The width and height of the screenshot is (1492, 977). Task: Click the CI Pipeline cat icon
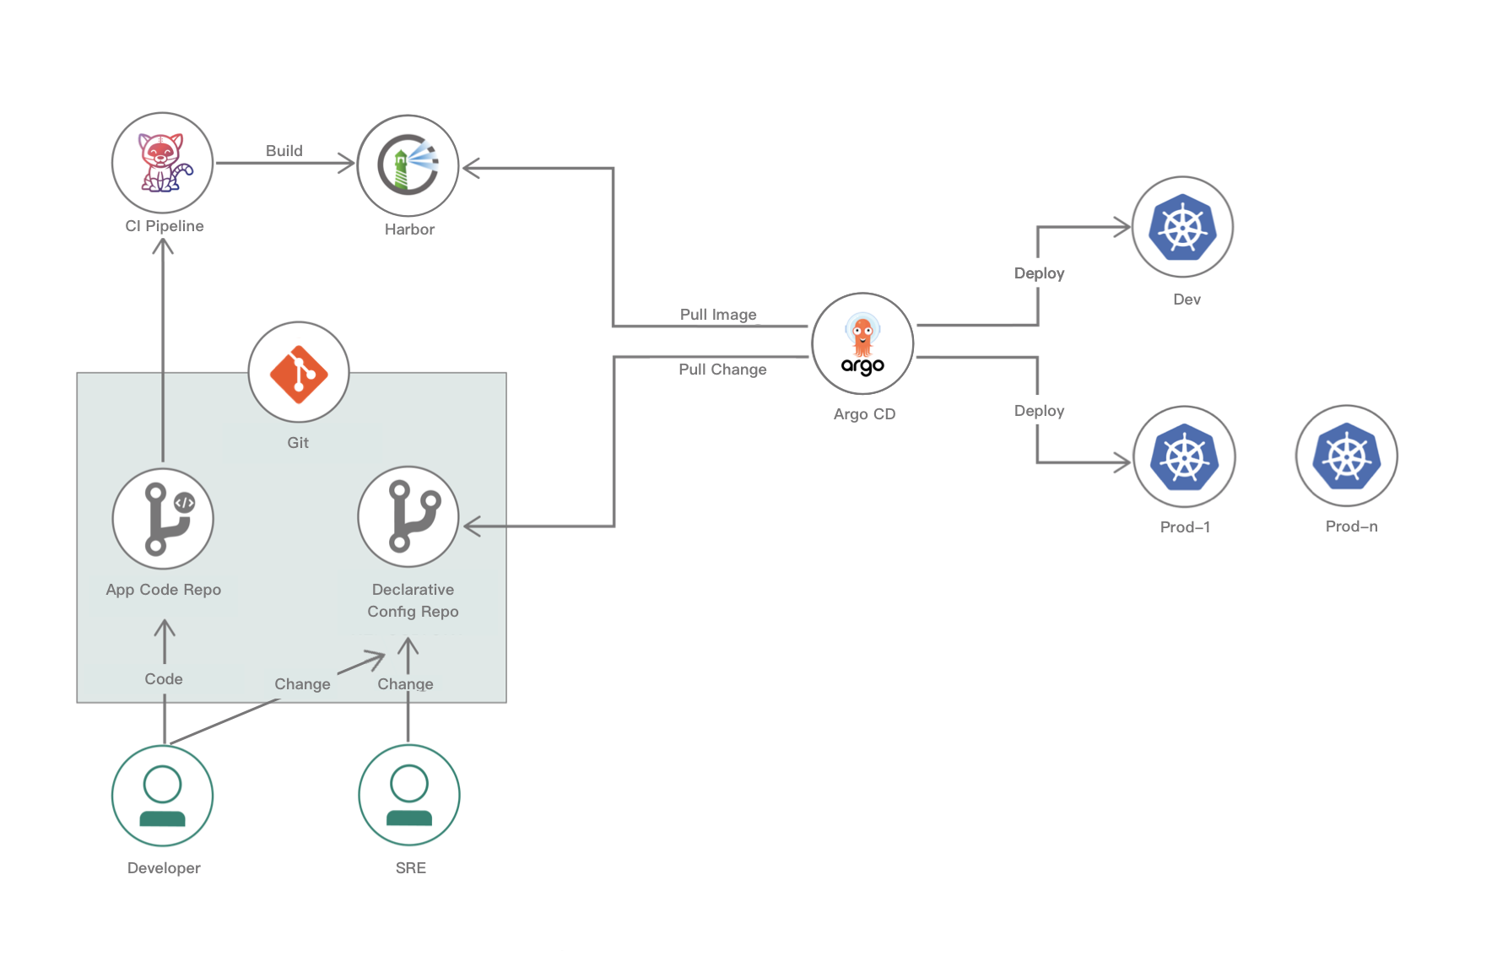[163, 163]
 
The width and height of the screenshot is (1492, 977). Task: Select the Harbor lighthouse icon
[408, 165]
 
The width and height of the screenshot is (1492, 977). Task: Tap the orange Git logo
[299, 372]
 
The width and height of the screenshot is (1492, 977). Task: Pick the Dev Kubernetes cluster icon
[1182, 227]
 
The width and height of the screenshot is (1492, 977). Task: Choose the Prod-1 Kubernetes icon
[1184, 456]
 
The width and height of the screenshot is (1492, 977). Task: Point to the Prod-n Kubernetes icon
[1347, 456]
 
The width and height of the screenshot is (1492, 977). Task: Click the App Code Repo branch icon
[163, 518]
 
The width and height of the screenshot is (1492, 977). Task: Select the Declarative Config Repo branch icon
[408, 516]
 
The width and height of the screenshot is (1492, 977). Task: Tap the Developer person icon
[163, 796]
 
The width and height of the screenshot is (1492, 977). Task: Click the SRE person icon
[409, 795]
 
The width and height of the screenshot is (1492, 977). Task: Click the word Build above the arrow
[284, 151]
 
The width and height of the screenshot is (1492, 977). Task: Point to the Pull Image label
[718, 315]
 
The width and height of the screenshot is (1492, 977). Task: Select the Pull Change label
[722, 370]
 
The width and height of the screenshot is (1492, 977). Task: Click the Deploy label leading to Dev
[1039, 273]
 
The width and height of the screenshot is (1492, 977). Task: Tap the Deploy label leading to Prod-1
[1039, 411]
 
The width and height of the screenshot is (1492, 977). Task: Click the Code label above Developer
[164, 679]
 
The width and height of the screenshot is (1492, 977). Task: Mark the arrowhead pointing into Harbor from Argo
[471, 168]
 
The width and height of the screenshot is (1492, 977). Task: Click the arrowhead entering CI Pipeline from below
[163, 246]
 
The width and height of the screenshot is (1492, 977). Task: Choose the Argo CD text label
[864, 414]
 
